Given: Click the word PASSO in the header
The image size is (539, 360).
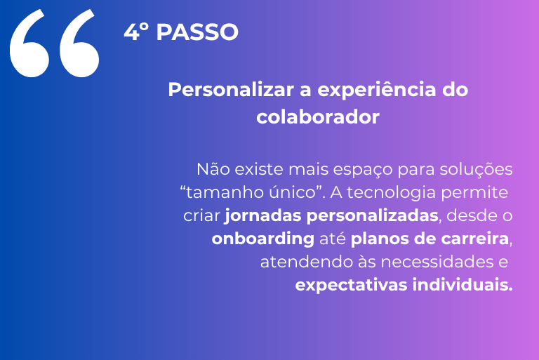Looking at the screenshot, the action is (x=197, y=32).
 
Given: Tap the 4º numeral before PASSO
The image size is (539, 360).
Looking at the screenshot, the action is (x=135, y=32).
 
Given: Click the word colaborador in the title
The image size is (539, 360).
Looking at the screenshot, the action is (x=318, y=117).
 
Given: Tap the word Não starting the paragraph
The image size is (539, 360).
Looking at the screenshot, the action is (x=213, y=169).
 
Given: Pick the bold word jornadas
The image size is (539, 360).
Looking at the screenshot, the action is (x=262, y=216).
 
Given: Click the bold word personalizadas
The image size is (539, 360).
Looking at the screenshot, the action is (x=372, y=216).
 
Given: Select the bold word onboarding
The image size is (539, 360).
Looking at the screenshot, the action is (x=263, y=239).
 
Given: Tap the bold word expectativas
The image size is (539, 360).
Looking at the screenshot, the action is (x=351, y=286).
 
